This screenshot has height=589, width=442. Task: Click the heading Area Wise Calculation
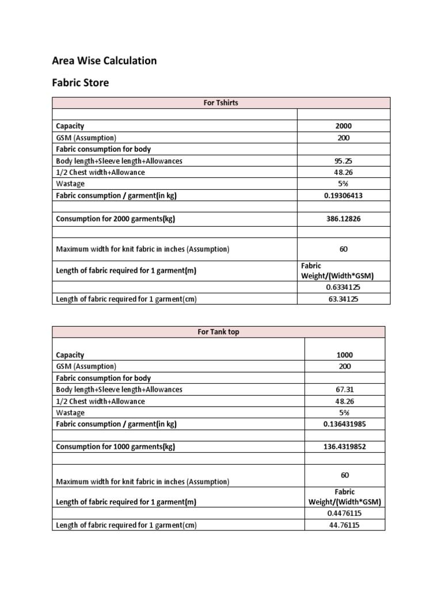104,60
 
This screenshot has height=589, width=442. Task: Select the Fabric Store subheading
80,83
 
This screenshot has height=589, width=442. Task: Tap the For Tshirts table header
221,103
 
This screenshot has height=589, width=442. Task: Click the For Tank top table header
218,332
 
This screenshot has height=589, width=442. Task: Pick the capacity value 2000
344,126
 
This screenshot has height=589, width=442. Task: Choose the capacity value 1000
345,355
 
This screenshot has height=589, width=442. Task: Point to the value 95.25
344,161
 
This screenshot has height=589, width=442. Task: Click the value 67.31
345,389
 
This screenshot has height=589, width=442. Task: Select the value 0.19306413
344,196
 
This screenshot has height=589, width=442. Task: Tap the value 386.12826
344,219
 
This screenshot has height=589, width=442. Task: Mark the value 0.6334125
344,287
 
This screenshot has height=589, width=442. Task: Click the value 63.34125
344,299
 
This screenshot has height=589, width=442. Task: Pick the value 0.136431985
345,424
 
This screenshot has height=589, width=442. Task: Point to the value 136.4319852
345,447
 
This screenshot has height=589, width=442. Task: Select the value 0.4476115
345,514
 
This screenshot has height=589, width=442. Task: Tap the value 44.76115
345,525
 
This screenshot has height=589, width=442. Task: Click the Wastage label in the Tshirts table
70,184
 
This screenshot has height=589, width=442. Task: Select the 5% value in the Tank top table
345,412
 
